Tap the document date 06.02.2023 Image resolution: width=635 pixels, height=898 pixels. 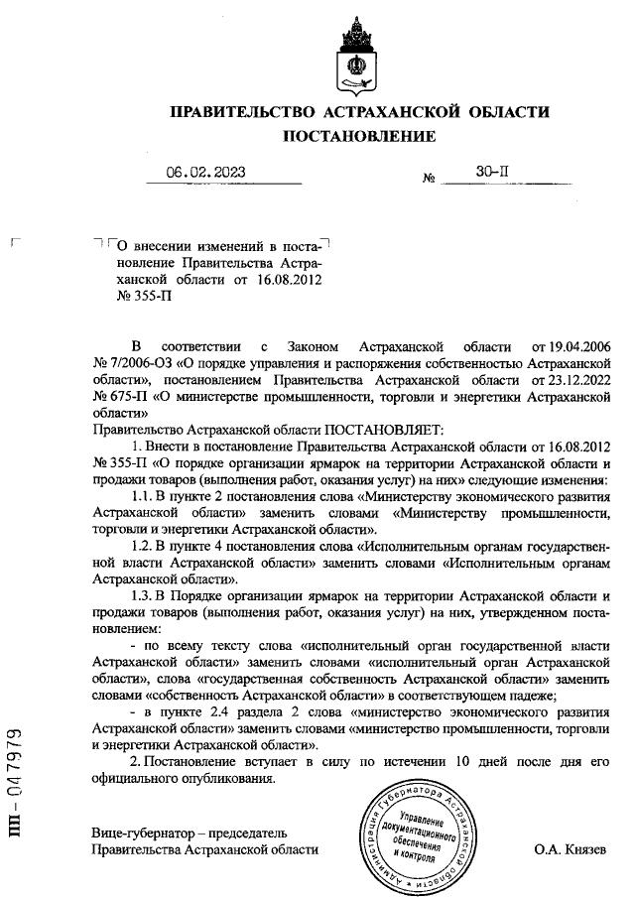pos(205,173)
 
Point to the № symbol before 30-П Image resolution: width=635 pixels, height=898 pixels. pos(430,180)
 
